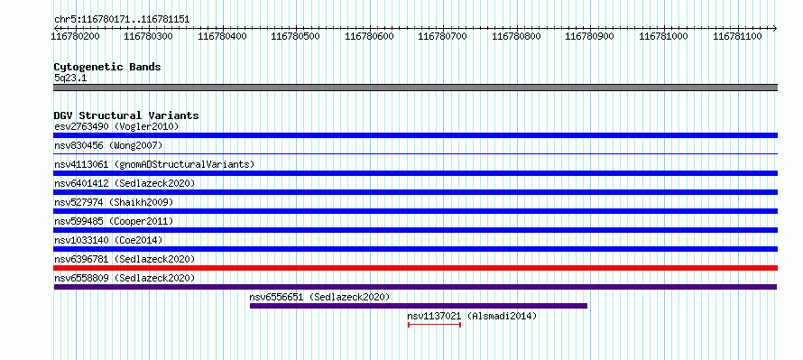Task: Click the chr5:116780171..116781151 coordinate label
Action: click(122, 20)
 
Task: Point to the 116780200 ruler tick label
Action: click(77, 37)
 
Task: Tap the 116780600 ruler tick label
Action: click(369, 37)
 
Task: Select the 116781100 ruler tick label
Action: click(737, 37)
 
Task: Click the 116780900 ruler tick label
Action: click(589, 37)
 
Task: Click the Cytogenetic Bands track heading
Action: click(107, 67)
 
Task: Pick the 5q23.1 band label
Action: click(70, 78)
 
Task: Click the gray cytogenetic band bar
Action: click(415, 88)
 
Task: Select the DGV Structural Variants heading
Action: click(126, 115)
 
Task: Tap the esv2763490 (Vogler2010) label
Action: click(116, 126)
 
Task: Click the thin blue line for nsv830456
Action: click(415, 153)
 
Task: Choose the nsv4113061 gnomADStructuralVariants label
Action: click(154, 164)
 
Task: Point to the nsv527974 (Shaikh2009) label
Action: click(114, 202)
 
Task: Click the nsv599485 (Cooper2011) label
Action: click(114, 221)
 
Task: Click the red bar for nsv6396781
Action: click(415, 268)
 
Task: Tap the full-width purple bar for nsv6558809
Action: click(415, 287)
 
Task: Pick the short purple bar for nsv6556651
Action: click(419, 306)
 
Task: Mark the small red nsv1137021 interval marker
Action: click(434, 325)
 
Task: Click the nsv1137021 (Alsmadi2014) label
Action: click(472, 316)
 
